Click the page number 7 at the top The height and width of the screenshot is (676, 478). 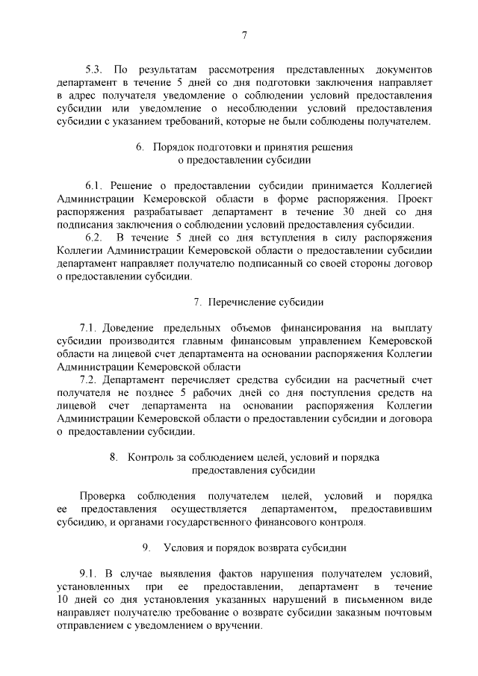pos(244,35)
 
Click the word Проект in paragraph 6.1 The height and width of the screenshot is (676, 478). pos(415,198)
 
